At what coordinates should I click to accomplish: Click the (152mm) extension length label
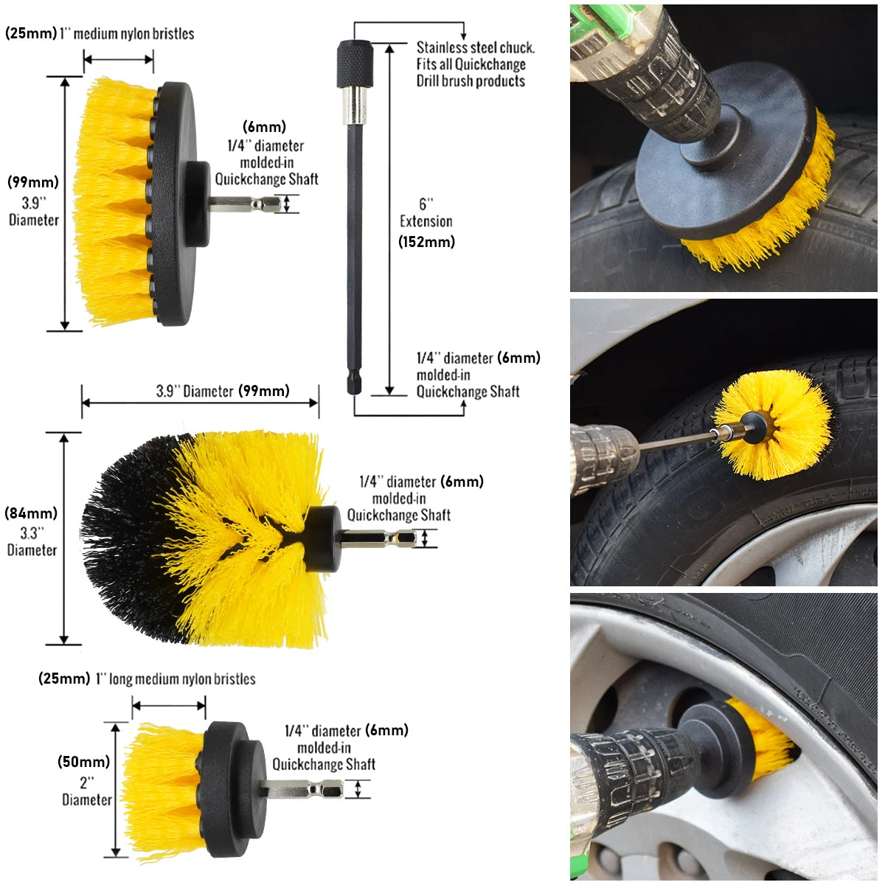pyautogui.click(x=427, y=242)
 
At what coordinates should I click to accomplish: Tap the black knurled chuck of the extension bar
pyautogui.click(x=355, y=64)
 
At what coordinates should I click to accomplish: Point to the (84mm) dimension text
pyautogui.click(x=31, y=513)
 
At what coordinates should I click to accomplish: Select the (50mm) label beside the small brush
pyautogui.click(x=83, y=762)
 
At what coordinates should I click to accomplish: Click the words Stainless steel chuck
pyautogui.click(x=476, y=47)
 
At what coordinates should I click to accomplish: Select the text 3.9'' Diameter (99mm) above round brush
pyautogui.click(x=223, y=391)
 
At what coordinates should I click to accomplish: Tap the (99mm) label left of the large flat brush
pyautogui.click(x=33, y=182)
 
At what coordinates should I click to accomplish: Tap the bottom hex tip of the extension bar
pyautogui.click(x=354, y=383)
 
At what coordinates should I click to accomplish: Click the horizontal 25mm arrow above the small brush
pyautogui.click(x=169, y=706)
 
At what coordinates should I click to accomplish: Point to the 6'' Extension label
pyautogui.click(x=426, y=212)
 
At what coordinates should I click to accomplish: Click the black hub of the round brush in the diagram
pyautogui.click(x=322, y=538)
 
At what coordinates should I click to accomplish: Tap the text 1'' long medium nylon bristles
pyautogui.click(x=176, y=678)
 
